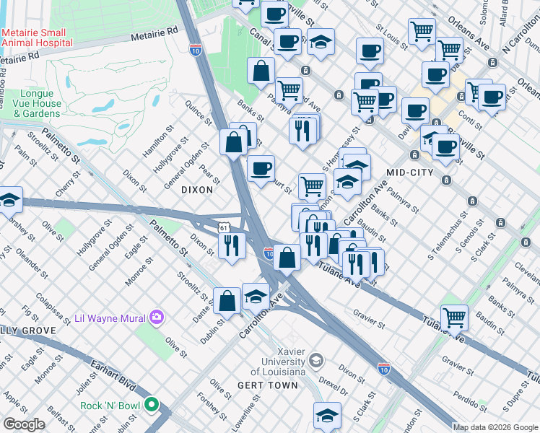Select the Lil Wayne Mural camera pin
point(157,317)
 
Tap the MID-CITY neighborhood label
point(409,172)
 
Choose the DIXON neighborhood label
point(196,190)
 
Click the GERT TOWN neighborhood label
point(267,385)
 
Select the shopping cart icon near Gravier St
point(454,316)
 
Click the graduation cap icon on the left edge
point(9,200)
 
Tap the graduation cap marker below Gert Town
point(326,415)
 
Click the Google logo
point(25,424)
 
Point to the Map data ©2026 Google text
point(495,427)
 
